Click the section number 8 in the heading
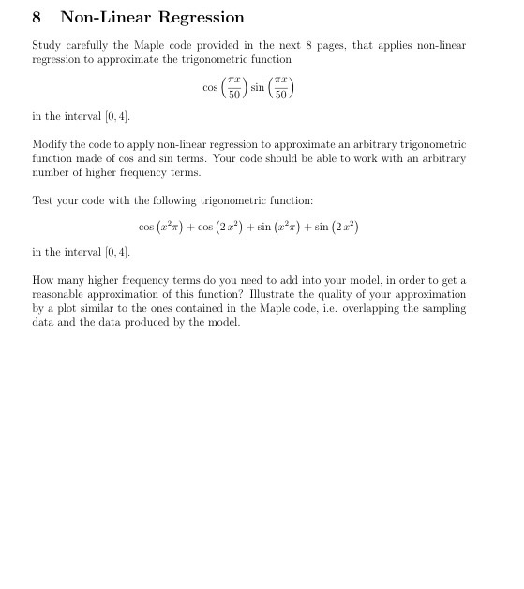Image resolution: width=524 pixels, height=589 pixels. point(37,18)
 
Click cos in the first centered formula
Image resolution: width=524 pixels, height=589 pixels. point(210,88)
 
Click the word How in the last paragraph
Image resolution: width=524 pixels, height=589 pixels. point(43,280)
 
